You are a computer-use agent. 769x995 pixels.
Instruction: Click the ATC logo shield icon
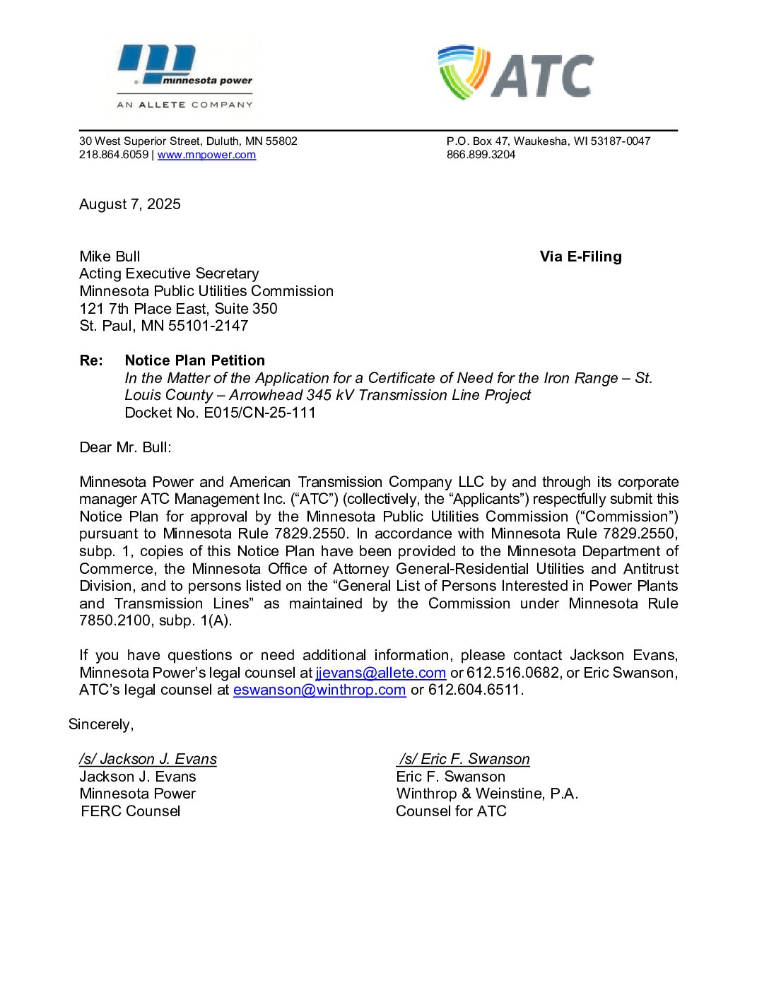tap(463, 71)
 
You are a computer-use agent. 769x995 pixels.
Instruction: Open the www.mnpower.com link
tap(206, 155)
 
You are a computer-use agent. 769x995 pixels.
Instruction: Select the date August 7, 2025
tap(130, 204)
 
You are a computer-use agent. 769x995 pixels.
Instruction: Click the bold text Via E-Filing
tap(580, 257)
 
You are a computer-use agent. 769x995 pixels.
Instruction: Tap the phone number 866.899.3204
tap(481, 155)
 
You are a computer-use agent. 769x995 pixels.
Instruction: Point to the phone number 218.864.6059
tap(114, 155)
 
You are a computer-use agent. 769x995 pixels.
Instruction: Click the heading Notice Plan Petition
tap(194, 360)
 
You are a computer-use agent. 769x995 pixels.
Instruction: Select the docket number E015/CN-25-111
tap(259, 413)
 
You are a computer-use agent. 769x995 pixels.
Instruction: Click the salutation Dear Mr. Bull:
tap(125, 447)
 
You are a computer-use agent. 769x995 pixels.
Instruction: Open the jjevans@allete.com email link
tap(380, 673)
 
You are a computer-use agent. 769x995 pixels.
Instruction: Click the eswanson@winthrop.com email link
tap(319, 690)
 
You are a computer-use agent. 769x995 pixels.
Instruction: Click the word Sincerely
tap(100, 724)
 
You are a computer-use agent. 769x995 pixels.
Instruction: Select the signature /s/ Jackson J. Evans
tap(148, 759)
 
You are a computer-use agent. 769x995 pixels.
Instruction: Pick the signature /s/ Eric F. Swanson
tap(464, 759)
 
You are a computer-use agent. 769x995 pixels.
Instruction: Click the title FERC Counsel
tap(131, 811)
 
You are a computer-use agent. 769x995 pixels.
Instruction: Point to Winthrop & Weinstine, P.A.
tap(487, 794)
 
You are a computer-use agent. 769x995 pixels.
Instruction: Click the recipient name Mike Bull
tap(110, 257)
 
